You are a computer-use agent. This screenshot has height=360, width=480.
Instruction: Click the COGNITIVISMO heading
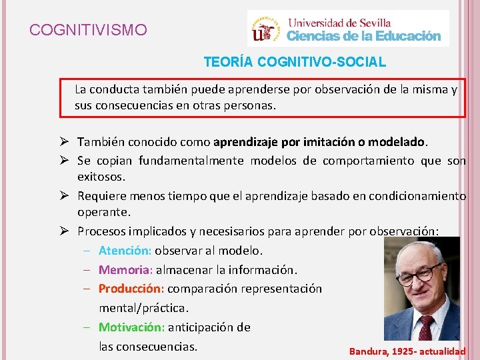coord(88,30)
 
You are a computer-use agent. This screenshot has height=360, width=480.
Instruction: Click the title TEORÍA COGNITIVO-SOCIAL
coord(295,62)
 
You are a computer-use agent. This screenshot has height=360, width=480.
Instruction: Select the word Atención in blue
coord(125,251)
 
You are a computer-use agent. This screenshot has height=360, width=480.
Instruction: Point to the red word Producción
coord(131,289)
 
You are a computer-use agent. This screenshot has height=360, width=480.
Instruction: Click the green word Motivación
coord(131,327)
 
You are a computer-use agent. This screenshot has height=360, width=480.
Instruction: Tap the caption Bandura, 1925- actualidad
coord(407,351)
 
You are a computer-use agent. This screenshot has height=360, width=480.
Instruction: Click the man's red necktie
coord(425,327)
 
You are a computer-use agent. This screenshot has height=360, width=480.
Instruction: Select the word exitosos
coord(101,177)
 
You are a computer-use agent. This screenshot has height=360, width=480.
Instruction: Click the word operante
coord(104,212)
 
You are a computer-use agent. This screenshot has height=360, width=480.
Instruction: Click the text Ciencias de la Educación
coord(364,36)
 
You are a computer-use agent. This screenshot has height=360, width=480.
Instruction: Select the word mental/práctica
coord(144,308)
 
